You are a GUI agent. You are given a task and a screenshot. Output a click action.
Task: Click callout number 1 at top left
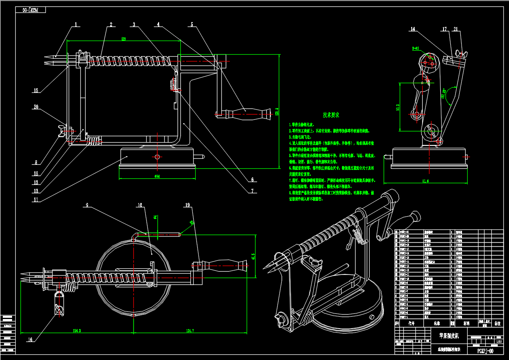pos(75,25)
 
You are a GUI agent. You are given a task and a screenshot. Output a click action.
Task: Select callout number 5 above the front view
pos(192,25)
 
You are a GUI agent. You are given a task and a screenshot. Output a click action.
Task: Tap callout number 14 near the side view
pos(413,29)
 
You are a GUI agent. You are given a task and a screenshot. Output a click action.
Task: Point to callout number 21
pos(456,29)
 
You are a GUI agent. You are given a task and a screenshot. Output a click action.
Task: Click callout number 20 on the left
pos(37,107)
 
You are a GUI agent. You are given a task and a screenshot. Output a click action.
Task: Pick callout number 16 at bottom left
pos(30,340)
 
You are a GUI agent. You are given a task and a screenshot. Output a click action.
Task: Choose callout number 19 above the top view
pos(187,205)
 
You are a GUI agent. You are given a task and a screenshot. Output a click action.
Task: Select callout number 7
pos(253,191)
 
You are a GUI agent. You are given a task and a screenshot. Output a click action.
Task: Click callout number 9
pos(86,205)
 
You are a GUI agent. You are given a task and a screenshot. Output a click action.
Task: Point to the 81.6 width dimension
pos(425,181)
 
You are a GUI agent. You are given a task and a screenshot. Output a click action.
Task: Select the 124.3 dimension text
pos(76,330)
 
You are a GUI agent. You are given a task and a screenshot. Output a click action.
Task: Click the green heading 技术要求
pos(331,115)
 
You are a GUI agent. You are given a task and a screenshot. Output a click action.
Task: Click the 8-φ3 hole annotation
pos(415,48)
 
